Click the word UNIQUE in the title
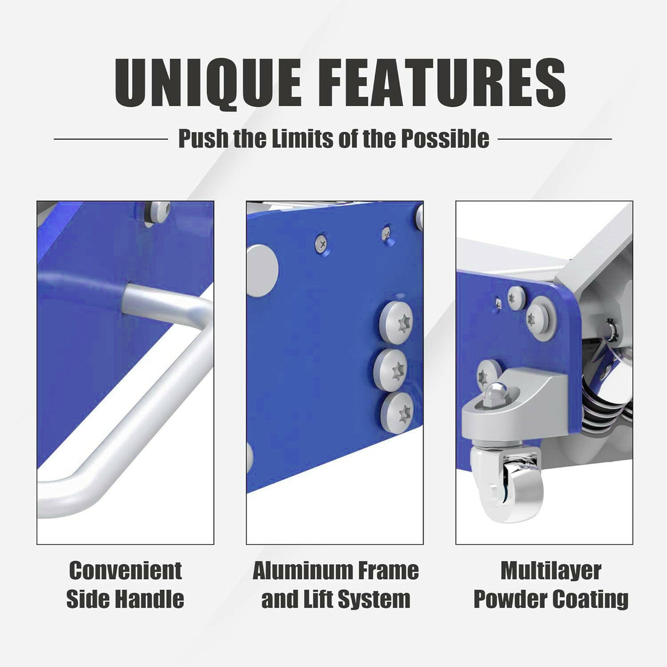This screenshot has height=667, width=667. (208, 83)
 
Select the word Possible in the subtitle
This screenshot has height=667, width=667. (445, 139)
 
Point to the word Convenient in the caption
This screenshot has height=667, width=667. (125, 570)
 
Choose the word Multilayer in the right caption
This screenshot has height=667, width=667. (551, 571)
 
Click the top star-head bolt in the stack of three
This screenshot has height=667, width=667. (396, 321)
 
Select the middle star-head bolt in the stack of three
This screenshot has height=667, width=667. (391, 370)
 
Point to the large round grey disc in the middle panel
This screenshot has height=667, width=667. (262, 271)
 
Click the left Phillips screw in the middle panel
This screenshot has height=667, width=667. (323, 244)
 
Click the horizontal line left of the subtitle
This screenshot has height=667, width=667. (111, 139)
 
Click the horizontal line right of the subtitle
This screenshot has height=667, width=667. (554, 139)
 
